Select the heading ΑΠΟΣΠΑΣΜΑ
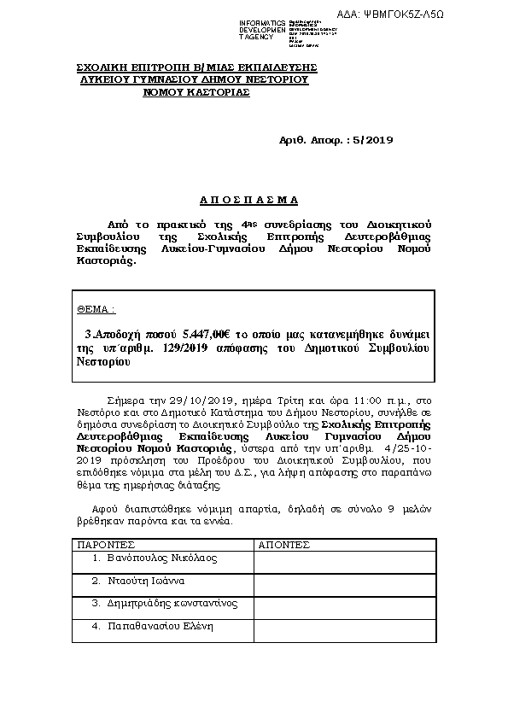coord(248,199)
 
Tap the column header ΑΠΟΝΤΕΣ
coord(285,543)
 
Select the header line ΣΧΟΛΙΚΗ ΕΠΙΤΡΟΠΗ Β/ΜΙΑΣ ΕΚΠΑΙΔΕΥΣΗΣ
coord(196,66)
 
